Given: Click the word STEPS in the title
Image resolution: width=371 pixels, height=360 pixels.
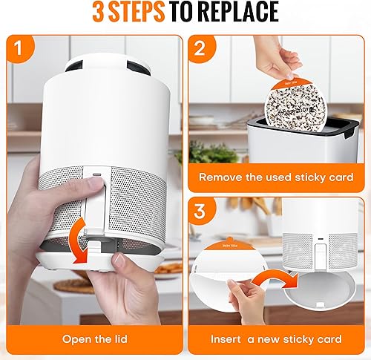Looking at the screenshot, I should (164, 13).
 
